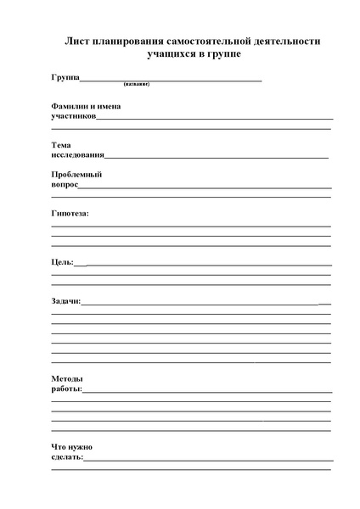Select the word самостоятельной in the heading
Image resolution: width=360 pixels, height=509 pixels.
coord(212,41)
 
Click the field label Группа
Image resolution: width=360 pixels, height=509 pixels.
coord(65,78)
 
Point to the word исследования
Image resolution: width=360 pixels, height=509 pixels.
coord(78,155)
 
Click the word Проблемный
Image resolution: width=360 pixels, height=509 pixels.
coord(76,174)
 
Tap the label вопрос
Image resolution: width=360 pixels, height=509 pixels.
coord(65,184)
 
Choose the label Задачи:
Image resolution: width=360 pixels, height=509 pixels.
coord(66,300)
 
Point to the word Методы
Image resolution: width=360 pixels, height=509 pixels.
coord(66,378)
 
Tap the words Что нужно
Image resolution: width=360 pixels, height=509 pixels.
coord(71,446)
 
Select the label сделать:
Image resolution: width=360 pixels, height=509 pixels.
coord(68,457)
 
